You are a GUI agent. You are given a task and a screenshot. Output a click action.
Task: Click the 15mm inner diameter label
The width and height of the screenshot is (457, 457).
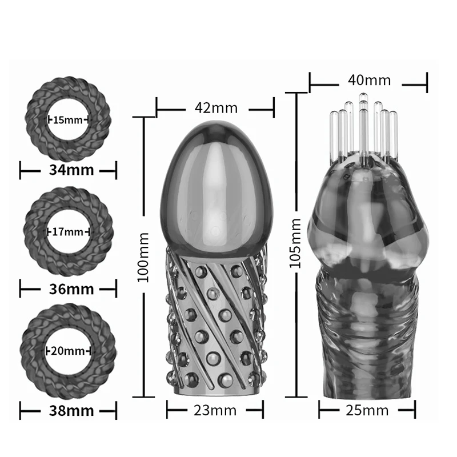68,120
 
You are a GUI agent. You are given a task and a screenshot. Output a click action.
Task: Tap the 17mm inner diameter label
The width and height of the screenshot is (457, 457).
68,231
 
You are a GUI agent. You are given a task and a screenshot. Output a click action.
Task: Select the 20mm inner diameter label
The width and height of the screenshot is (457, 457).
68,350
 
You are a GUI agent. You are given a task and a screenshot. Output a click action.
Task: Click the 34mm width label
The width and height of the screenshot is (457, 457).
68,170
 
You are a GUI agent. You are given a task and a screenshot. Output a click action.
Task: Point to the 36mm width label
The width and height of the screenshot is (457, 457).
68,288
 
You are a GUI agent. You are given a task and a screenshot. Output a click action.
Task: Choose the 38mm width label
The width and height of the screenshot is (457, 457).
68,409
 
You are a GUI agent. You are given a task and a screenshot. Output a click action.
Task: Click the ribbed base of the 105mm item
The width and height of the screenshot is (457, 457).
366,354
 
